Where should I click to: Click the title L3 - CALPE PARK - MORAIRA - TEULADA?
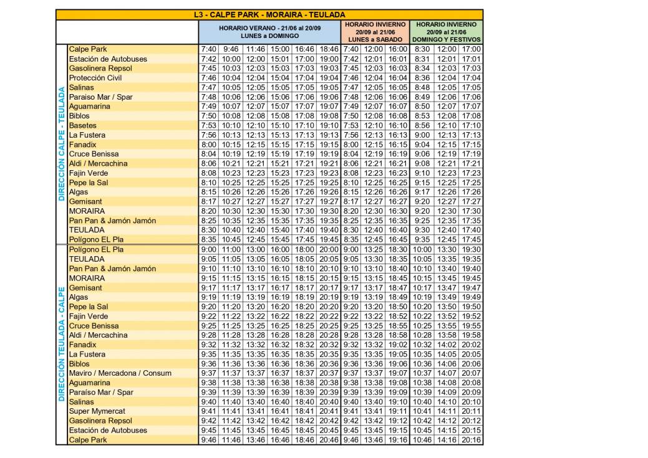pyautogui.click(x=269, y=14)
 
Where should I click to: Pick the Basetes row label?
pyautogui.click(x=83, y=125)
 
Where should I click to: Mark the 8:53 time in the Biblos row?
pyautogui.click(x=422, y=116)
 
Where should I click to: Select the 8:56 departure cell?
pyautogui.click(x=422, y=125)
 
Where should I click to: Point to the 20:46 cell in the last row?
pyautogui.click(x=329, y=440)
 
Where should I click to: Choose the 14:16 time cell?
pyautogui.click(x=447, y=440)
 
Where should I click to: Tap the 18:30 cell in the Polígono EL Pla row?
pyautogui.click(x=397, y=249)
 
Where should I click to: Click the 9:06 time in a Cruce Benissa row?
pyautogui.click(x=422, y=154)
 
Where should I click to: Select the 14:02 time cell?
pyautogui.click(x=447, y=345)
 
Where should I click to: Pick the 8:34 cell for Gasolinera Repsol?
pyautogui.click(x=422, y=68)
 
